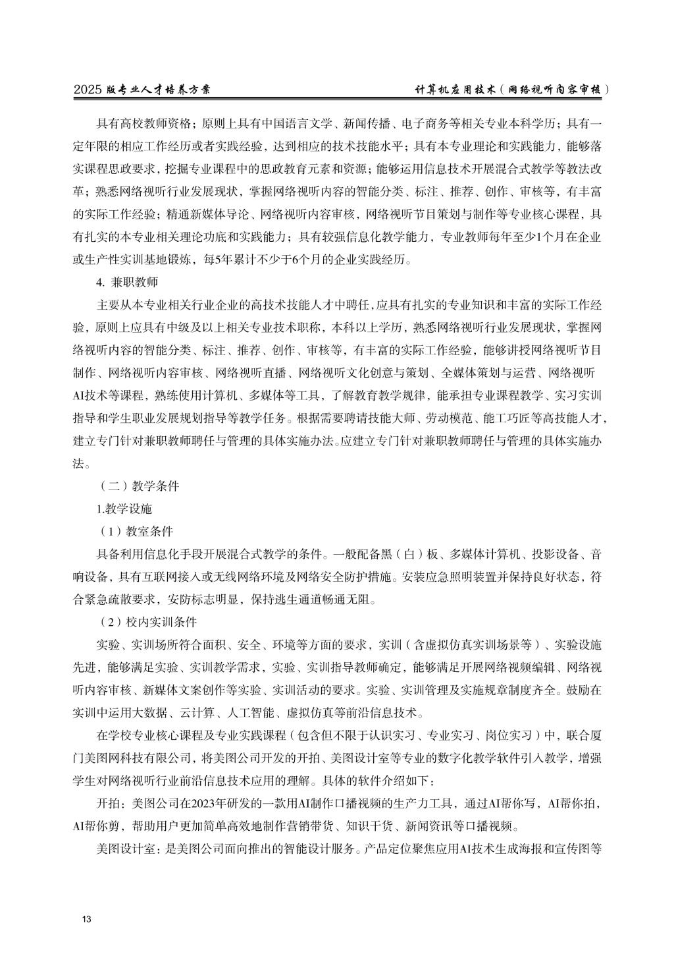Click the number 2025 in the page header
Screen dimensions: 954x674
click(87, 90)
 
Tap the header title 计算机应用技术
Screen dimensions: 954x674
click(454, 90)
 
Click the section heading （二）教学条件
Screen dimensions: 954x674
click(139, 486)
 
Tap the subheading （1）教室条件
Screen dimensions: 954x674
click(136, 531)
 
